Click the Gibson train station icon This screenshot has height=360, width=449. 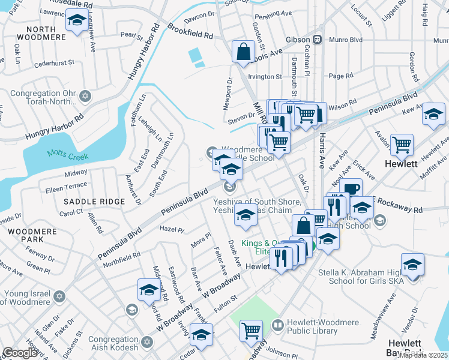[x=320, y=40]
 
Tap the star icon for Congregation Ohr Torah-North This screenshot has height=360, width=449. [x=85, y=97]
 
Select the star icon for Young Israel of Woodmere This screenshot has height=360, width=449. [x=59, y=296]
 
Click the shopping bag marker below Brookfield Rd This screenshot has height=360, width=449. [x=243, y=52]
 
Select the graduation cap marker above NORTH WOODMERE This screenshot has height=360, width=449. [x=76, y=23]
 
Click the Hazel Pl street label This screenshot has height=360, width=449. [x=172, y=229]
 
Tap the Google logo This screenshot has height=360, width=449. [x=20, y=353]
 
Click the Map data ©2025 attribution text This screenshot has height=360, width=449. [x=422, y=355]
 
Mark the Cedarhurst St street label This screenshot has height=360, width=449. [x=54, y=62]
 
